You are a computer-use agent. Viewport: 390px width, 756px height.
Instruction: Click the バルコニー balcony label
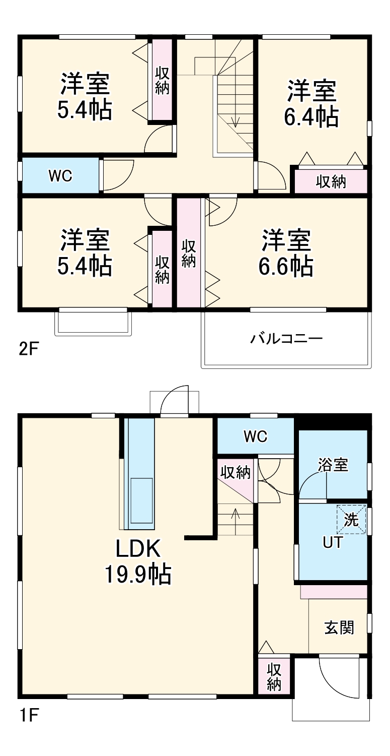coord(286,338)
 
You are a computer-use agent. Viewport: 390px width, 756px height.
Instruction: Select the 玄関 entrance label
coord(339,627)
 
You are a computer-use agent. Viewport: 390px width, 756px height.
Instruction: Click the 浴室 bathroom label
coord(333,465)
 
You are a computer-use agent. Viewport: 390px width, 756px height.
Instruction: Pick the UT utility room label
coord(333,543)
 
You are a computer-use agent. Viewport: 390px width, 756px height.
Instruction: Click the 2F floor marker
coord(28,349)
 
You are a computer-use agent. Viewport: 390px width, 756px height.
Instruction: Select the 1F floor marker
coord(28,715)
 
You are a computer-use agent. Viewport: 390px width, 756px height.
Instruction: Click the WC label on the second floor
coord(60,176)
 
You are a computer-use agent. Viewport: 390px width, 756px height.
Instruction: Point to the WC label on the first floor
coord(255,436)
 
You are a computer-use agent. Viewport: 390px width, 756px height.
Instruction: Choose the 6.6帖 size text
coord(286,266)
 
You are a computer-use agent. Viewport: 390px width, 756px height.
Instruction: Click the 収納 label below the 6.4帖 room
coord(331,182)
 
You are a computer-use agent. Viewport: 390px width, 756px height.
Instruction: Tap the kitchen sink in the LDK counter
coord(141,501)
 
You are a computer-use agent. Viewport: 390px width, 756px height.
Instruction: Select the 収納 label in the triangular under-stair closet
coord(236,473)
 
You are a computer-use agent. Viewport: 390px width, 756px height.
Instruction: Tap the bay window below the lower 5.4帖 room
coord(93,323)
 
